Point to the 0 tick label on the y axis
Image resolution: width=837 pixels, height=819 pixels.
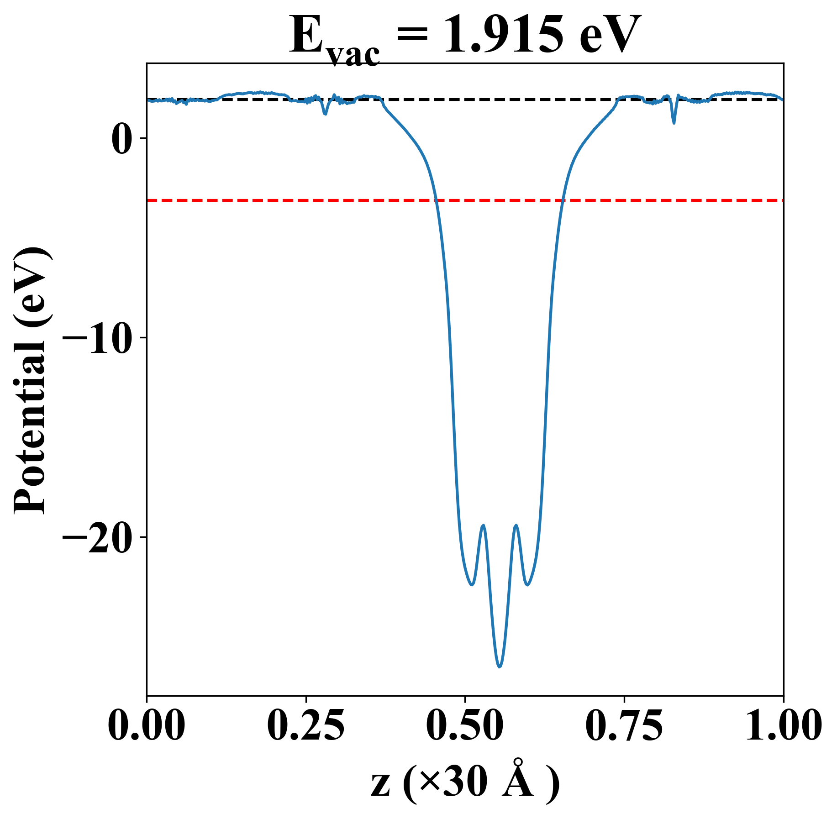[x=122, y=138]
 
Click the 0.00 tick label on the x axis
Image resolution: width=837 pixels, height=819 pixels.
[x=147, y=726]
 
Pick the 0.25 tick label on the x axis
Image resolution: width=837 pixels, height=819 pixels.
[x=305, y=726]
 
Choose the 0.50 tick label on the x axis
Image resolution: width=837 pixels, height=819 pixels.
[x=465, y=726]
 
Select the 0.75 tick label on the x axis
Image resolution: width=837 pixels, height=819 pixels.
[x=624, y=726]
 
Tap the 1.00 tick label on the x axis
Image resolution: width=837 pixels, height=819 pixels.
[x=783, y=726]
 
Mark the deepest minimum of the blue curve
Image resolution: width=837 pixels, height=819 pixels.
[x=500, y=667]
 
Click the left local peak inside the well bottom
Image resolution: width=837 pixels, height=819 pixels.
[x=483, y=525]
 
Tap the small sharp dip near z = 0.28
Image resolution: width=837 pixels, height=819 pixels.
[x=325, y=114]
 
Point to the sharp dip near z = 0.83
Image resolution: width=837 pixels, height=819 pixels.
[x=674, y=122]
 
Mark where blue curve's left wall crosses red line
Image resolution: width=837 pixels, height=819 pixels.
[x=436, y=200]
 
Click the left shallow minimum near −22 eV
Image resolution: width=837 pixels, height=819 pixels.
[x=472, y=585]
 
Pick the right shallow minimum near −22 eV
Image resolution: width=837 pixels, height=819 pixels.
[x=527, y=585]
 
